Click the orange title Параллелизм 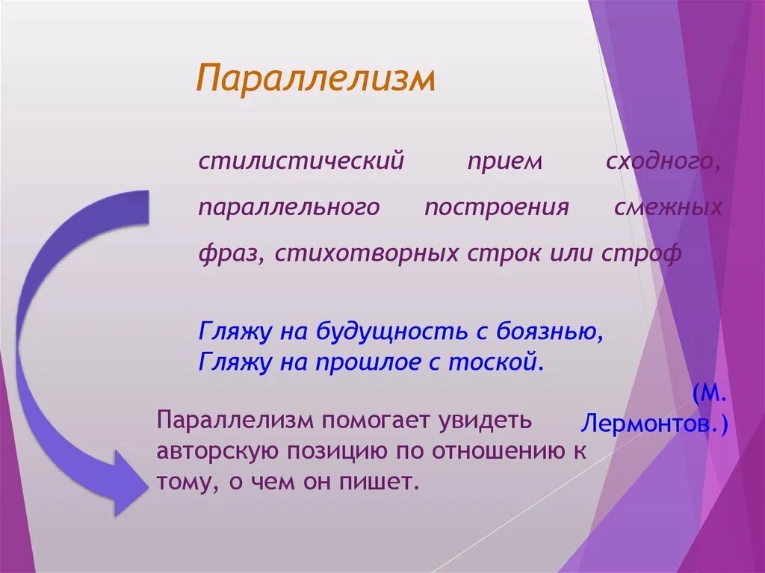pos(315,78)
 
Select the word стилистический pos(301,161)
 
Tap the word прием pos(504,162)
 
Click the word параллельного pos(289,208)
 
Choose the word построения pos(497,208)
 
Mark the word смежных pos(668,208)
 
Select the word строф pos(642,253)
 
